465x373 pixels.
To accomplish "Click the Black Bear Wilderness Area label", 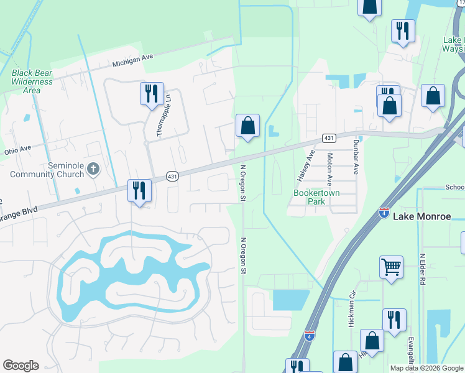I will pos(32,81).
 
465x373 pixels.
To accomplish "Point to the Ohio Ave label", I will pos(17,150).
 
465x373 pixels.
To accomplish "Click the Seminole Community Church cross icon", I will pos(93,168).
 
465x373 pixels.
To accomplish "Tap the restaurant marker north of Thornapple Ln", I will pos(152,94).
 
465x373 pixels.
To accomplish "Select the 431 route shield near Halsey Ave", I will pos(329,138).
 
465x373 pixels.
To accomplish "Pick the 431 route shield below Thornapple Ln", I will pos(172,177).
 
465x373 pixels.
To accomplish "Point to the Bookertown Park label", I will pos(310,197).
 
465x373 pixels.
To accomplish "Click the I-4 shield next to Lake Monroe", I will pos(385,213).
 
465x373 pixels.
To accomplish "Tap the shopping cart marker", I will pos(391,267).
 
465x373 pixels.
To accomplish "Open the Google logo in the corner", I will pos(21,366).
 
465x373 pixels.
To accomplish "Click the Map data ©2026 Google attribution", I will pos(426,368).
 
